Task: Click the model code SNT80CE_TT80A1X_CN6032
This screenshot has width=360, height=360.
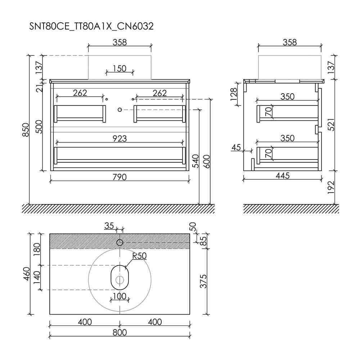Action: (91, 26)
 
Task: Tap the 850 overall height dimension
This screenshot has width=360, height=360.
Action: (26, 130)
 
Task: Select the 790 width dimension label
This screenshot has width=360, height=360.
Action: (120, 177)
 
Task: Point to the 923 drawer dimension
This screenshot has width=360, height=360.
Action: (120, 139)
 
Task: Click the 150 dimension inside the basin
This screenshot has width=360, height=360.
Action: (120, 68)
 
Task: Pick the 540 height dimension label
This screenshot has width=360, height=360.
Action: (195, 161)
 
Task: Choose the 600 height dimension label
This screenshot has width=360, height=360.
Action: (207, 162)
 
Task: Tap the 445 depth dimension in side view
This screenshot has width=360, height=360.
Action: (283, 176)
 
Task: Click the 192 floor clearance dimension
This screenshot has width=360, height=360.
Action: (331, 188)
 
